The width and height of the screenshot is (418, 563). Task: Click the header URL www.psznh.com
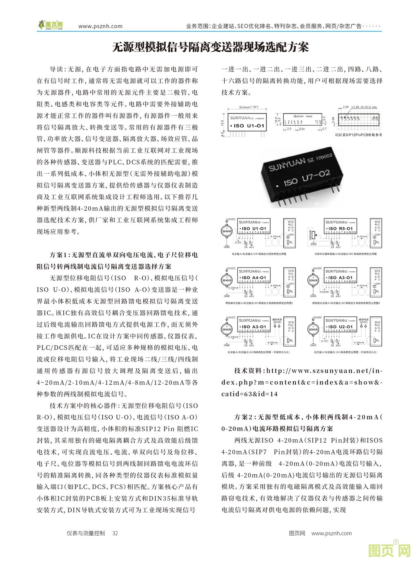coord(100,26)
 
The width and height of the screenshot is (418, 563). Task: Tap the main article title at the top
coord(210,47)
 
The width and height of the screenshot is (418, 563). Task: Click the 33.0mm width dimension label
coord(247,107)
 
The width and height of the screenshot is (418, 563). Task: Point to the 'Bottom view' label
coord(303,116)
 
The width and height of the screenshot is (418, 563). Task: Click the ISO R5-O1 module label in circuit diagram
coord(338,229)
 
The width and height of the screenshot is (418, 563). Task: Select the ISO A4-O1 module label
coord(253,278)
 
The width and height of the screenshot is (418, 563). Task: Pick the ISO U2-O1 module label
coord(338,327)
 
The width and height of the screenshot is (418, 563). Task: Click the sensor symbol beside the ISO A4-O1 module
coord(227,280)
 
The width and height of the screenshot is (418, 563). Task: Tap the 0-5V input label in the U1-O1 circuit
coord(238,242)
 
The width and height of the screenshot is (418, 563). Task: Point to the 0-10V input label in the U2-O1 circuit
coord(325,340)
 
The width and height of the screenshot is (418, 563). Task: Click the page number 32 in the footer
coord(115,533)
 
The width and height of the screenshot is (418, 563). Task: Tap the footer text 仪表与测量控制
coord(85,533)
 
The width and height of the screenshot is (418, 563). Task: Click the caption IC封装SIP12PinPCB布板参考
coord(358,134)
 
